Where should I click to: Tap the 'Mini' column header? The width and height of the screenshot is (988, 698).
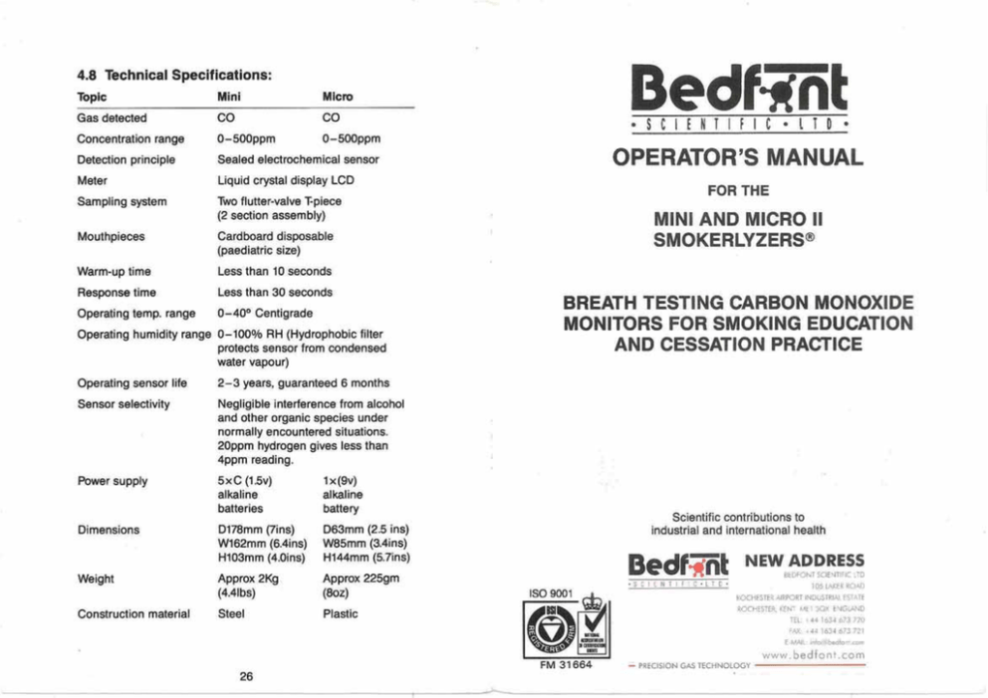[229, 97]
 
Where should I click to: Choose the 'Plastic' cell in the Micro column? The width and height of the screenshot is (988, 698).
[341, 613]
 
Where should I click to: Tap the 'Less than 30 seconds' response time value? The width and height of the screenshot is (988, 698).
[274, 293]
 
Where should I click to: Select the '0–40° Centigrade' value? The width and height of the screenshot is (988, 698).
[265, 315]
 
